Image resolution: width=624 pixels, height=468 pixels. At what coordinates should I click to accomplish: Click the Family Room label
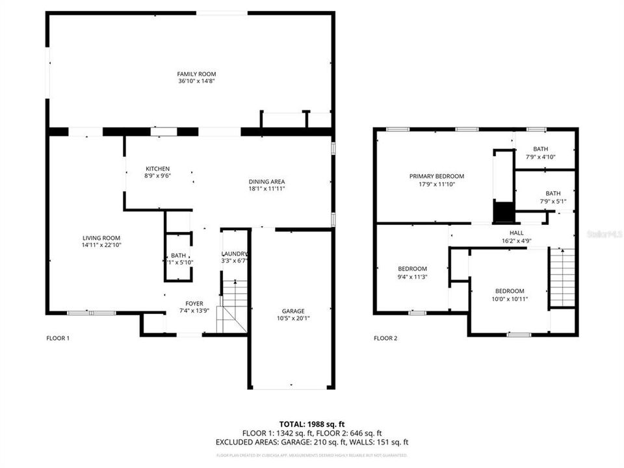[x=196, y=74]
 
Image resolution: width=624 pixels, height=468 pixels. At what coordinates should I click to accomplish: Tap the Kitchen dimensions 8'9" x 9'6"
[x=157, y=176]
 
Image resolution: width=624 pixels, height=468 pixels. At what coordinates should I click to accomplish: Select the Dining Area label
[x=266, y=181]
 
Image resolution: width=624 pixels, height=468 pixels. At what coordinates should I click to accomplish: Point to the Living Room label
[x=101, y=238]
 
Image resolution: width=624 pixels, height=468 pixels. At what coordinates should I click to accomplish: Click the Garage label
[x=292, y=311]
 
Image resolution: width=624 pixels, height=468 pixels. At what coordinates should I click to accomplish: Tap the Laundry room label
[x=235, y=253]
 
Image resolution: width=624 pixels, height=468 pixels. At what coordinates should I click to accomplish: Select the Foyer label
[x=194, y=304]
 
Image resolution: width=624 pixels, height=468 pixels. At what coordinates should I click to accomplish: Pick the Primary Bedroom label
[x=436, y=176]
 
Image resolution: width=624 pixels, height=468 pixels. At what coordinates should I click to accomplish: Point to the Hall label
[x=516, y=233]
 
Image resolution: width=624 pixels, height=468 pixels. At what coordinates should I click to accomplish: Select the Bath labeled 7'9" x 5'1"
[x=552, y=193]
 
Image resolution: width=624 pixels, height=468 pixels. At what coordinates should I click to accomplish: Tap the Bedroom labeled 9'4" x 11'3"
[x=412, y=269]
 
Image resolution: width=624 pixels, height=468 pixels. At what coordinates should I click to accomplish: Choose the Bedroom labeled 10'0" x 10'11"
[x=509, y=291]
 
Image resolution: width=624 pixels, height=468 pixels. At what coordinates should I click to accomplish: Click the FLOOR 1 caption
[x=58, y=338]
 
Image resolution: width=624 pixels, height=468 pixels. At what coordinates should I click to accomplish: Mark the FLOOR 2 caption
[x=385, y=338]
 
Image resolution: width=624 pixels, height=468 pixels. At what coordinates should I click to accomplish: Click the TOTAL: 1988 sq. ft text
[x=311, y=424]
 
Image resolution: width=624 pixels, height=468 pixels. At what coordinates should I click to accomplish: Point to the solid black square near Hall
[x=503, y=212]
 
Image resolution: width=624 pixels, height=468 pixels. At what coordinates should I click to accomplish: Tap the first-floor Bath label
[x=178, y=255]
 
